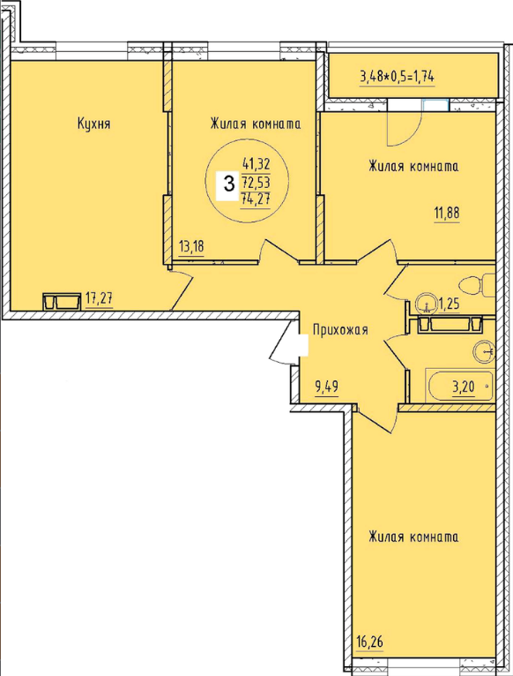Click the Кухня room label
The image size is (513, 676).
[x=94, y=124]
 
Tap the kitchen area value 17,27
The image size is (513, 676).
[x=99, y=298]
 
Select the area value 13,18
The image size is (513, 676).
[x=191, y=247]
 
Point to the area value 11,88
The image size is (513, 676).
[x=447, y=213]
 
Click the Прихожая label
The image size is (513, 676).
[x=340, y=330]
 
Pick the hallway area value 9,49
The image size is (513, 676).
[x=327, y=387]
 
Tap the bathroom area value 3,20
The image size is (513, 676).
[x=463, y=387]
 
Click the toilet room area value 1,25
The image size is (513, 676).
[x=449, y=304]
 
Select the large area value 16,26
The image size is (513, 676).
[x=369, y=642]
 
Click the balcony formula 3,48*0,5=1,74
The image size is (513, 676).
[x=398, y=77]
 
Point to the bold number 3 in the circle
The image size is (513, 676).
[x=229, y=184]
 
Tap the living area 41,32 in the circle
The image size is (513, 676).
[x=256, y=164]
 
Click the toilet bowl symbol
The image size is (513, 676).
[x=478, y=285]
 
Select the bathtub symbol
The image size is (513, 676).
[x=460, y=385]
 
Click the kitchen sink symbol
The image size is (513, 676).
[x=62, y=301]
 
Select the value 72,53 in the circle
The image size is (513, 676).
[x=256, y=183]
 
